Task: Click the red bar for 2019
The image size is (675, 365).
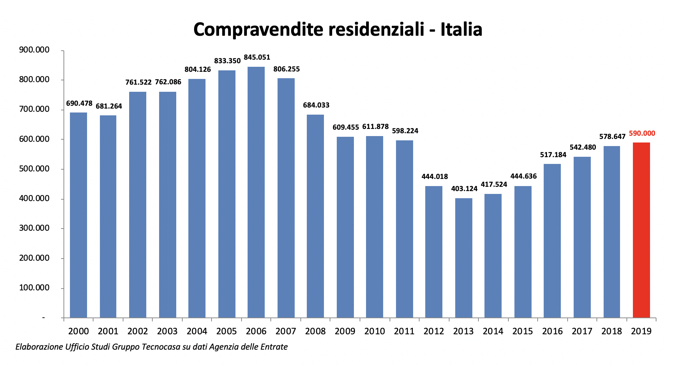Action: point(641,230)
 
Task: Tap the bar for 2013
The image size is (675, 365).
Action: point(463,258)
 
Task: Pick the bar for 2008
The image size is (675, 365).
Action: point(315,216)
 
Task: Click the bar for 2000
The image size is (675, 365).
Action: point(78,215)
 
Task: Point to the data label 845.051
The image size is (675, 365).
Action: point(257,57)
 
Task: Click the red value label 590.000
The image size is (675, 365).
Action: point(642,134)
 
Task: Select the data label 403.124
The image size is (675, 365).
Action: point(464,189)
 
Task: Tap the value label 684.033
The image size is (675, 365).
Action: point(316,105)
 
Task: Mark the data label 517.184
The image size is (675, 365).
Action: point(553,155)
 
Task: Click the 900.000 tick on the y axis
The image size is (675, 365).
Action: point(34,50)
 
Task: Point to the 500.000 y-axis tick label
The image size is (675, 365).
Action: point(34,169)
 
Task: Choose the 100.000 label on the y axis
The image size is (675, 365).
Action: point(34,288)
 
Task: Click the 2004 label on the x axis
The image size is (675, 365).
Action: point(197,331)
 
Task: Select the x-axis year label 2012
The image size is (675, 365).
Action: point(433,331)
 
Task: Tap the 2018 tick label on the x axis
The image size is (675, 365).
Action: point(611,331)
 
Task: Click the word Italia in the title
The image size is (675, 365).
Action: point(461,29)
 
